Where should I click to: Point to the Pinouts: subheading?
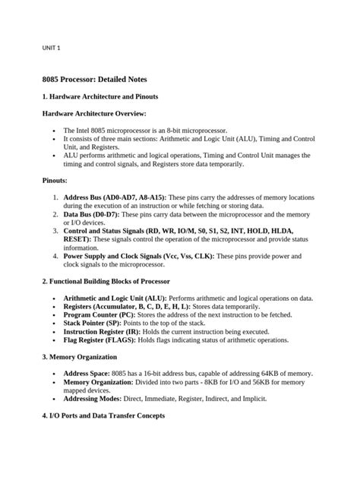pyautogui.click(x=55, y=181)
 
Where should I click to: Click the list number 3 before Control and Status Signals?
pyautogui.click(x=55, y=231)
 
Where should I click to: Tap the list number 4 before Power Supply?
pyautogui.click(x=55, y=256)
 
